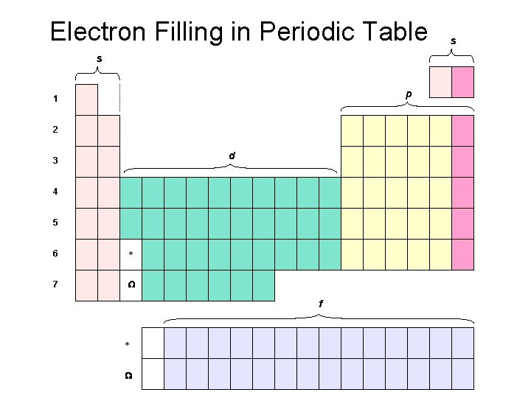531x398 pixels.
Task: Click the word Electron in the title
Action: coord(95,32)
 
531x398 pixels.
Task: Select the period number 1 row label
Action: coord(55,99)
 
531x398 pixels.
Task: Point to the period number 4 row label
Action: coord(55,192)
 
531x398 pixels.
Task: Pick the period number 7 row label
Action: coord(55,284)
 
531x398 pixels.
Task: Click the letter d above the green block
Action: coord(232,156)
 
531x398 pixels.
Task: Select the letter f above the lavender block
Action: coord(320,304)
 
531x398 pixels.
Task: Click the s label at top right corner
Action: coord(453,42)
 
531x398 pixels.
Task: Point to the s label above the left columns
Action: coord(100,57)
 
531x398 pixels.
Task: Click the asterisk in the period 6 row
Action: coord(131,255)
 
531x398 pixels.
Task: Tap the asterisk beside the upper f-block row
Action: coord(127,345)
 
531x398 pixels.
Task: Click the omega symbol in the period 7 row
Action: coord(131,285)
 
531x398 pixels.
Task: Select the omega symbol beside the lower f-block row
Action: coord(128,375)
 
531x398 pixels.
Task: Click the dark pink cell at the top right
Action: coord(463,82)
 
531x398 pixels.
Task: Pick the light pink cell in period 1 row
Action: coord(86,99)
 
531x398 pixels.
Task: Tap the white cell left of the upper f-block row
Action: coord(153,343)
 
